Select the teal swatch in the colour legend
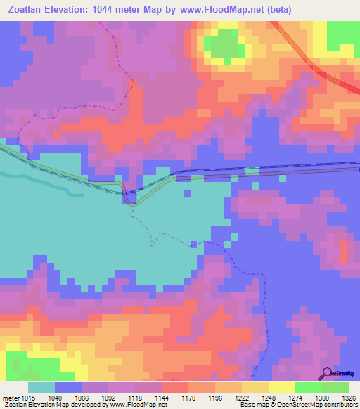point(41,388)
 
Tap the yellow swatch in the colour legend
point(281,388)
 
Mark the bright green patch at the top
point(225,46)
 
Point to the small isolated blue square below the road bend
point(187,194)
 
